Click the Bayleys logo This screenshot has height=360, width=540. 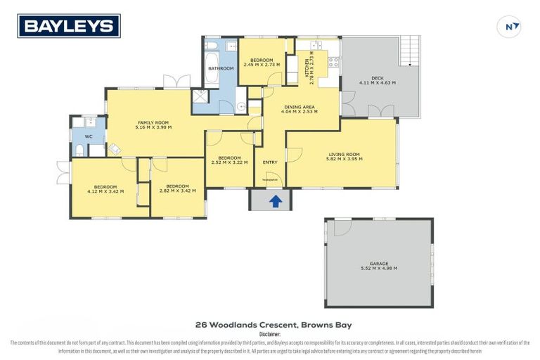click(69, 26)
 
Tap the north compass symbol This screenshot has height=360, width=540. click(511, 27)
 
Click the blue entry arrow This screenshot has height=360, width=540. click(276, 202)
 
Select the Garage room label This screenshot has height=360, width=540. click(378, 264)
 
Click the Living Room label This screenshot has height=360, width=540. click(344, 154)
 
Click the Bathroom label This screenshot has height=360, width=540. click(220, 68)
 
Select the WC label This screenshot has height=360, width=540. click(89, 136)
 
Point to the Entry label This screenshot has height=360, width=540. click(270, 162)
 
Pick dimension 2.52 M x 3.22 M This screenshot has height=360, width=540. click(230, 162)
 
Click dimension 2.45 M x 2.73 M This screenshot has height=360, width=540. click(262, 64)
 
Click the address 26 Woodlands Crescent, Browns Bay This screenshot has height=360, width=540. click(273, 325)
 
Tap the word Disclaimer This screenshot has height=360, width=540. click(269, 335)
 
